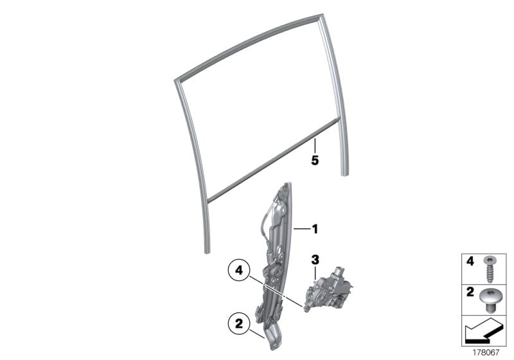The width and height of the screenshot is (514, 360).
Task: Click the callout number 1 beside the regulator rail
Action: (x=315, y=228)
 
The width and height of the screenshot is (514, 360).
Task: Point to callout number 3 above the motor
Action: (x=315, y=260)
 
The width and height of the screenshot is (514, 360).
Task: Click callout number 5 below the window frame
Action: (x=315, y=161)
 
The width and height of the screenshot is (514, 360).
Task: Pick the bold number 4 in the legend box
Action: (x=470, y=262)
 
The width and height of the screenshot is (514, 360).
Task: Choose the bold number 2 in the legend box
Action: (x=470, y=292)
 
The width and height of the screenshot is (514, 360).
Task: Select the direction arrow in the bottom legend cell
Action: (x=483, y=332)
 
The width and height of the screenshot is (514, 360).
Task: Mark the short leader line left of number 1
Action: (x=301, y=228)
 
